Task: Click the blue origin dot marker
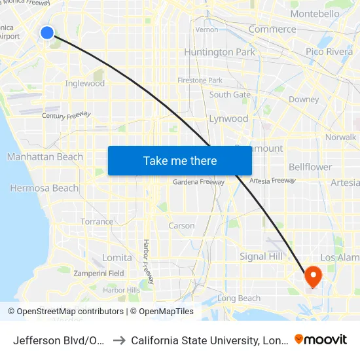tap(47, 32)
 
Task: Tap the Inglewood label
tap(85, 83)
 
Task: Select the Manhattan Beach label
tap(45, 156)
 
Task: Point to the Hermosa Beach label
tap(44, 188)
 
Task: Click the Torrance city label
tap(97, 221)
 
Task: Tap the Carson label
tap(181, 226)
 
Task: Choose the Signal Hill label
tap(261, 256)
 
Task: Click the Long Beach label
tap(239, 298)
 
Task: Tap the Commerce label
tap(272, 29)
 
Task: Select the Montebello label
tap(333, 14)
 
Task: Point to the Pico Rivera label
tap(329, 52)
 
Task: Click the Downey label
tap(303, 99)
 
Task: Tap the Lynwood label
tap(228, 118)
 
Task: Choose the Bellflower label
tap(310, 167)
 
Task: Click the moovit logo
tap(321, 339)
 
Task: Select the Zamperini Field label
tap(99, 273)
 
